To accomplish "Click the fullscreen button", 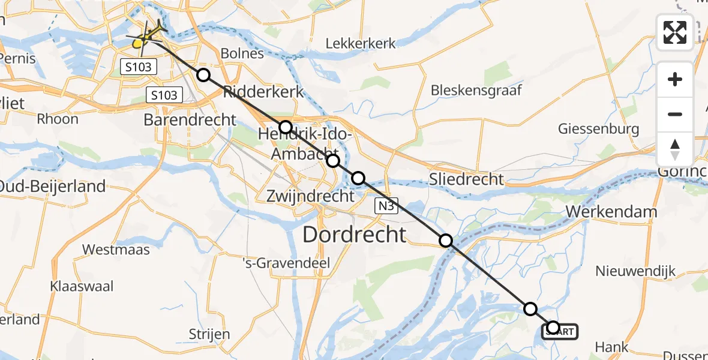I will click(675, 32).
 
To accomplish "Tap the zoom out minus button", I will click(675, 114).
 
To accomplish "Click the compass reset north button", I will click(675, 149).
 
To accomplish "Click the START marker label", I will click(562, 331).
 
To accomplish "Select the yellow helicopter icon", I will click(144, 38).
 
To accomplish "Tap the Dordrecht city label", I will click(355, 234).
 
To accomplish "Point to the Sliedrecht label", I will click(466, 179).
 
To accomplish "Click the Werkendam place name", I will click(611, 212).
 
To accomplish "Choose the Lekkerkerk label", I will click(361, 43).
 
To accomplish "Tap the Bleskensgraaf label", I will click(476, 90).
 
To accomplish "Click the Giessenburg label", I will click(598, 128).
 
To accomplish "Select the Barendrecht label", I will click(190, 119).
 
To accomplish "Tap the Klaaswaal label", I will click(82, 286).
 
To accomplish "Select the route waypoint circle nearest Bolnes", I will click(203, 75).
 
